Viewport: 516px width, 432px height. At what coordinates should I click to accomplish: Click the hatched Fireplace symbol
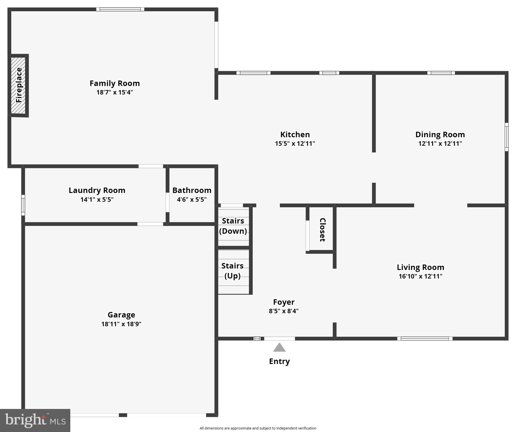pos(18,85)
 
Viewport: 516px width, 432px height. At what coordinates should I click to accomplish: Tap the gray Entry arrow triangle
pos(279,348)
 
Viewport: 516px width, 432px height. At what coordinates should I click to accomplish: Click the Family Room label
pos(115,83)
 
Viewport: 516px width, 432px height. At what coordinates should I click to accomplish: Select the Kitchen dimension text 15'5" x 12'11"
pos(295,143)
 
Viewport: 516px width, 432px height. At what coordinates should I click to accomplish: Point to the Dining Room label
pos(440,134)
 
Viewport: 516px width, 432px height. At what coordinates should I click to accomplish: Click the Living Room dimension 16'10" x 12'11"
pos(420,276)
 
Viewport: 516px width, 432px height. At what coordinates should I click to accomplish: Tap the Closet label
pos(323,230)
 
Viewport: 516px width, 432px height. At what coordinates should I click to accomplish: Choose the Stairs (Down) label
pos(233,226)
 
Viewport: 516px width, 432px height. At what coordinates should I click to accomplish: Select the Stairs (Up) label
pos(233,271)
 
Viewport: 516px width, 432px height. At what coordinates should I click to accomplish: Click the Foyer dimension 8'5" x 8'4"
pos(283,311)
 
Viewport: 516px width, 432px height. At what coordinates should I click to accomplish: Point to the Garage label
pos(121,315)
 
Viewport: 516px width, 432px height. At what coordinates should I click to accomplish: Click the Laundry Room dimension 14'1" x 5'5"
pos(97,200)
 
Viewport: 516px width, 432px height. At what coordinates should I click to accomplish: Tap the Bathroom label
pos(192,190)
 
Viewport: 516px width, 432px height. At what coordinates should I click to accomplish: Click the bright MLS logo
pos(35,420)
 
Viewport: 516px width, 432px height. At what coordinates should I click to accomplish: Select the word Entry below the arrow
pos(279,361)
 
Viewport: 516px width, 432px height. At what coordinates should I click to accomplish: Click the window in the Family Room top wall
pos(120,9)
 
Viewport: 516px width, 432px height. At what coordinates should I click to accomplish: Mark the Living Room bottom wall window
pos(425,339)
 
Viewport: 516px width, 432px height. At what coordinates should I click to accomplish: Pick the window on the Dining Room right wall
pos(506,137)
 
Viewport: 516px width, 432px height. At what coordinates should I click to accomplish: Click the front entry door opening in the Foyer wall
pos(279,339)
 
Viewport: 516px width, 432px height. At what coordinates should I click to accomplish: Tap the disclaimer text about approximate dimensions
pos(258,428)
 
